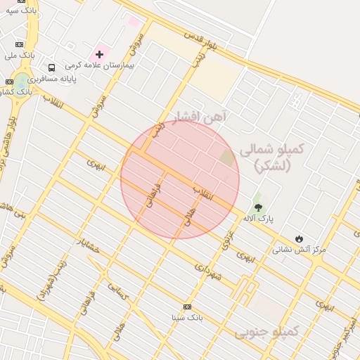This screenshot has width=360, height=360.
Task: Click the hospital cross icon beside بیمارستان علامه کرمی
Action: (x=99, y=54)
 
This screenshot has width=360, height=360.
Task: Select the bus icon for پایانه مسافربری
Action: (x=51, y=67)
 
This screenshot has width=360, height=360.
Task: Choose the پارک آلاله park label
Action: (x=258, y=219)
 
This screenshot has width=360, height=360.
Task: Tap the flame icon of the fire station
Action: (x=300, y=239)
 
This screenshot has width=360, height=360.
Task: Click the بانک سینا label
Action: (x=187, y=317)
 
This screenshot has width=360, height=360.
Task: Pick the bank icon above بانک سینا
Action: (x=187, y=307)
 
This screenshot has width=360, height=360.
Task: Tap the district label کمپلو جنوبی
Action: (x=268, y=330)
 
